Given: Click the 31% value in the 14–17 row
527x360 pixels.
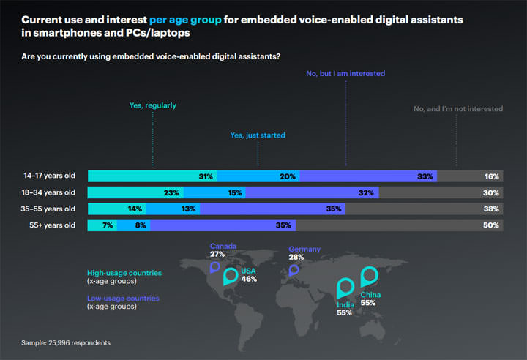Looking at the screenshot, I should pyautogui.click(x=206, y=176).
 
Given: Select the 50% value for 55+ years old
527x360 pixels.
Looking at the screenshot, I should pyautogui.click(x=492, y=225).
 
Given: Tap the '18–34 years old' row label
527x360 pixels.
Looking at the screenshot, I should pyautogui.click(x=49, y=192).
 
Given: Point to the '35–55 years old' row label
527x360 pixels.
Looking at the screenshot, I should pyautogui.click(x=49, y=209).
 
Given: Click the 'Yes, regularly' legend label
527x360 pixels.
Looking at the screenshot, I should pyautogui.click(x=153, y=105).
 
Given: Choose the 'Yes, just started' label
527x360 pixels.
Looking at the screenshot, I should pyautogui.click(x=258, y=135).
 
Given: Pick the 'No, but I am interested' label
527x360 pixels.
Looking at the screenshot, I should pyautogui.click(x=344, y=74).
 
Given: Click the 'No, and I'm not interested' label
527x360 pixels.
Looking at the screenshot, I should pyautogui.click(x=457, y=109).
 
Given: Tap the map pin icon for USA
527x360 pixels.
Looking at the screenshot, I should pyautogui.click(x=231, y=276).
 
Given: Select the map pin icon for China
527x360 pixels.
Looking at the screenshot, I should pyautogui.click(x=370, y=276).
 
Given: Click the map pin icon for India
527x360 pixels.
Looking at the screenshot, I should pyautogui.click(x=344, y=289).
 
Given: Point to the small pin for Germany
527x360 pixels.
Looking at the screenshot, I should pyautogui.click(x=294, y=269).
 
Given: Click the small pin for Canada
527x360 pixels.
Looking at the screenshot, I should pyautogui.click(x=214, y=267).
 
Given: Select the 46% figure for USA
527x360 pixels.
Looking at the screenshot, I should pyautogui.click(x=249, y=280).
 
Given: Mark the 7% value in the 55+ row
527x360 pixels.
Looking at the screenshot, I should pyautogui.click(x=108, y=225).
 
